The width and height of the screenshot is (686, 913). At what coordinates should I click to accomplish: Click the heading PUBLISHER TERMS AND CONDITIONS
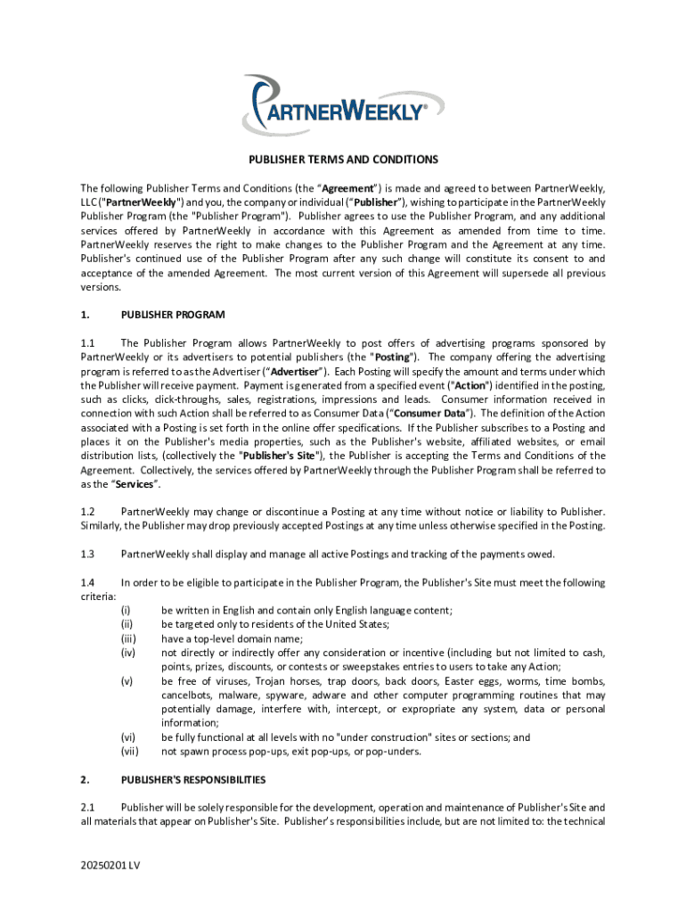pyautogui.click(x=343, y=160)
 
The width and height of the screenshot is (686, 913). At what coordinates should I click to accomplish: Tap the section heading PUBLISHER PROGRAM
pyautogui.click(x=173, y=315)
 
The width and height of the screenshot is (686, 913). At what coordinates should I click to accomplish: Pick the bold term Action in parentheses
pyautogui.click(x=470, y=386)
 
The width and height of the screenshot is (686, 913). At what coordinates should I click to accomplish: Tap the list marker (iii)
pyautogui.click(x=128, y=638)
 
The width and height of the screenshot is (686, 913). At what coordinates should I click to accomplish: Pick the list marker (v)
pyautogui.click(x=127, y=681)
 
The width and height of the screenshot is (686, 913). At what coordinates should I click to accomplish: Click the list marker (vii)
pyautogui.click(x=129, y=751)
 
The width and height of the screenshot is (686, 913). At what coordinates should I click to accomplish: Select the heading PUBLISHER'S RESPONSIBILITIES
pyautogui.click(x=193, y=779)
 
